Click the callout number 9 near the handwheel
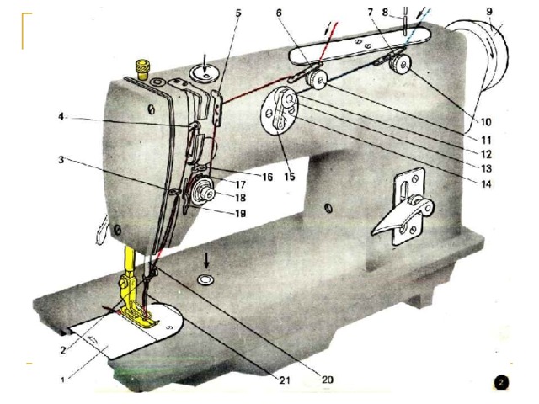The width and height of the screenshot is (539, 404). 489,11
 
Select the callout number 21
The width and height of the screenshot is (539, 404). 285,380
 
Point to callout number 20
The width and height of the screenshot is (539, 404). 328,380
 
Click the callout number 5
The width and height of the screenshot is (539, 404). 238,13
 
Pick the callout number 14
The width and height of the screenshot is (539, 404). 486,184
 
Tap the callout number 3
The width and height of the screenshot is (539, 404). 61,160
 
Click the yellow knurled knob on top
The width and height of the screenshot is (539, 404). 142,69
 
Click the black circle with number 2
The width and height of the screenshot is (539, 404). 501,382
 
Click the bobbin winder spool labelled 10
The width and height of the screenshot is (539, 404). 399,65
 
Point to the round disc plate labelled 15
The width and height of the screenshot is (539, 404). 280,110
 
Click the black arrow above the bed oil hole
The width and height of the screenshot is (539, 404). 206,261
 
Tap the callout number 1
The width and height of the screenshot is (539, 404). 62,380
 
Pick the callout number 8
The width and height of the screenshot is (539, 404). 385,12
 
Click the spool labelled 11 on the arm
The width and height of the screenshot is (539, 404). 317,80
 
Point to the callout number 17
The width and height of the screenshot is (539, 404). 241,185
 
